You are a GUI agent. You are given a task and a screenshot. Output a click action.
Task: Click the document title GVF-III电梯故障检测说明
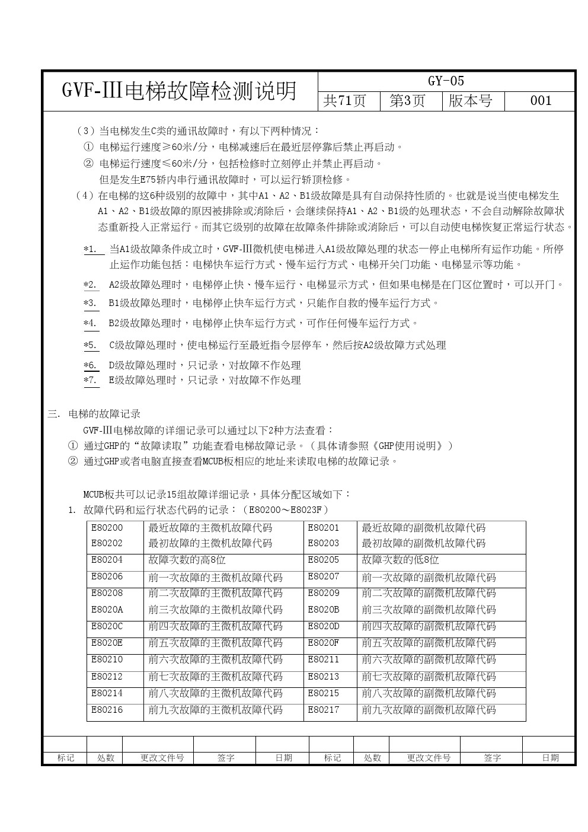pos(179,91)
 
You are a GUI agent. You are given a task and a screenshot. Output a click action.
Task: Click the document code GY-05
pos(446,81)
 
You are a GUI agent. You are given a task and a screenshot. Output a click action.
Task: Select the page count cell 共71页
pos(344,101)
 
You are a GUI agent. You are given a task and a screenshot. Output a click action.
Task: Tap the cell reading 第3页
pos(407,101)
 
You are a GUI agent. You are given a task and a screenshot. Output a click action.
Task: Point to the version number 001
pos(541,101)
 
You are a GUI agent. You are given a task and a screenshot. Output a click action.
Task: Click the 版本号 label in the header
pos(470,101)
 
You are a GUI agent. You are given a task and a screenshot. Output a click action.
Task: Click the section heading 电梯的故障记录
pos(104,414)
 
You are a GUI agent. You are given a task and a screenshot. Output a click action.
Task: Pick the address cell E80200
pos(107,528)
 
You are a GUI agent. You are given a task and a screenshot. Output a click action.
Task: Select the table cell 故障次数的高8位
pos(187,560)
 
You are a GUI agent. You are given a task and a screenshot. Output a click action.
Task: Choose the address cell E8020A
pos(107,610)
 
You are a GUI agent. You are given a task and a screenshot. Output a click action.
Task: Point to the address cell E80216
pos(107,710)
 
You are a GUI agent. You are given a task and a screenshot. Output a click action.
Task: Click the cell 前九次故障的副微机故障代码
pos(429,710)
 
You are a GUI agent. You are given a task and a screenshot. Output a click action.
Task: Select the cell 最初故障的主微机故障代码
pos(210,543)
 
